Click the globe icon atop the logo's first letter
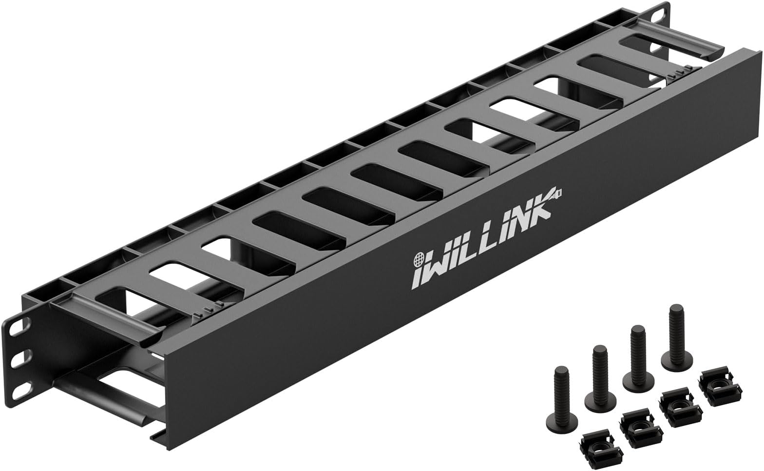[419, 257]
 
